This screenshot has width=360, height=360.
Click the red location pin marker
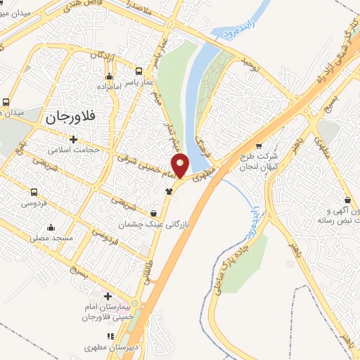click(x=181, y=165)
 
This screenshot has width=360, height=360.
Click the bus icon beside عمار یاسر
click(x=139, y=71)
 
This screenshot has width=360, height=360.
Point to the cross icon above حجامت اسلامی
click(x=73, y=139)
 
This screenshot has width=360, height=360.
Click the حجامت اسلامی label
click(x=74, y=150)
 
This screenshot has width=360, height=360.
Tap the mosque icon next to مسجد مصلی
click(x=51, y=228)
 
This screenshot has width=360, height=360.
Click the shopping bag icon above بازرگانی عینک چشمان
click(x=154, y=213)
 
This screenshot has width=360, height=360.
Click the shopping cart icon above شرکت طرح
click(x=258, y=146)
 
